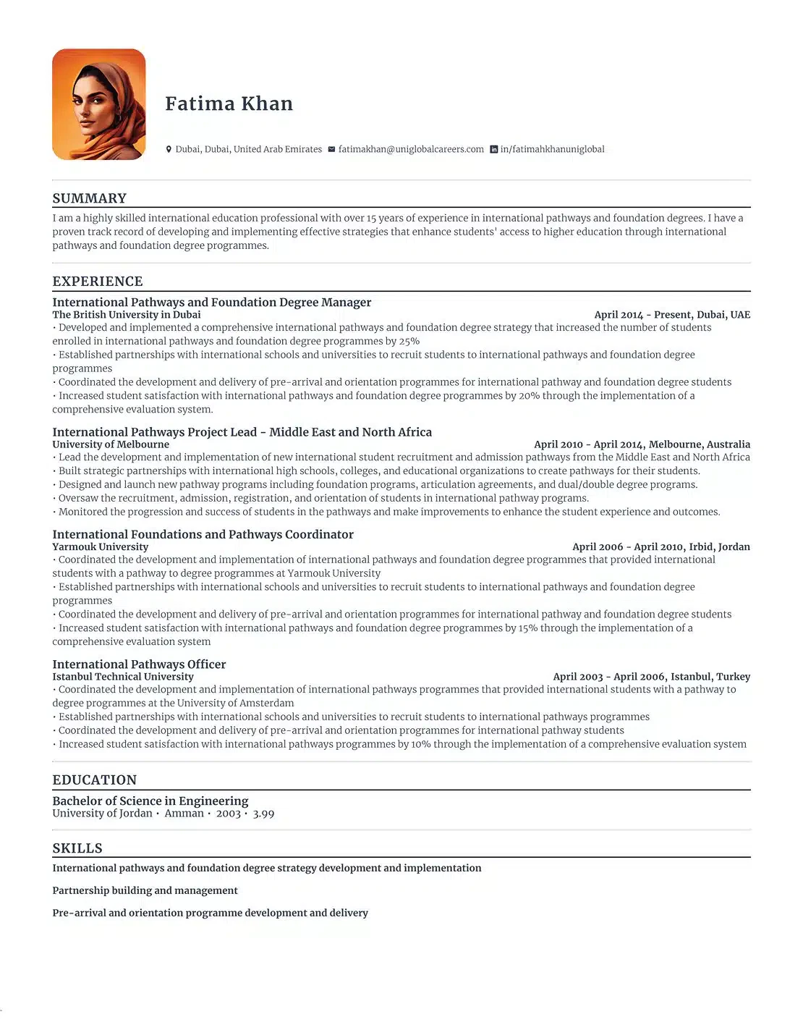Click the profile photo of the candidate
click(99, 104)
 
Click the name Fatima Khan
click(229, 104)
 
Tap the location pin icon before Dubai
click(169, 150)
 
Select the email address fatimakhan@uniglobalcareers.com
click(411, 150)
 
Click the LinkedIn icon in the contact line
click(494, 150)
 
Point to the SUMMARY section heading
click(90, 198)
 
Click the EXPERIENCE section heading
click(98, 282)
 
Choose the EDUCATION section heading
click(95, 780)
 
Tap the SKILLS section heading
click(77, 848)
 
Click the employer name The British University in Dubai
click(127, 315)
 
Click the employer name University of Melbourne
click(111, 444)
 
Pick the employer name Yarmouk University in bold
click(101, 547)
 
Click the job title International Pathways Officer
click(139, 664)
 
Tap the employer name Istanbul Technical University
click(123, 677)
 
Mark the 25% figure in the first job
click(409, 342)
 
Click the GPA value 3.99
click(263, 814)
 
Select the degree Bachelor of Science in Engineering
click(150, 801)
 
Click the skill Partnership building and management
click(145, 891)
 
